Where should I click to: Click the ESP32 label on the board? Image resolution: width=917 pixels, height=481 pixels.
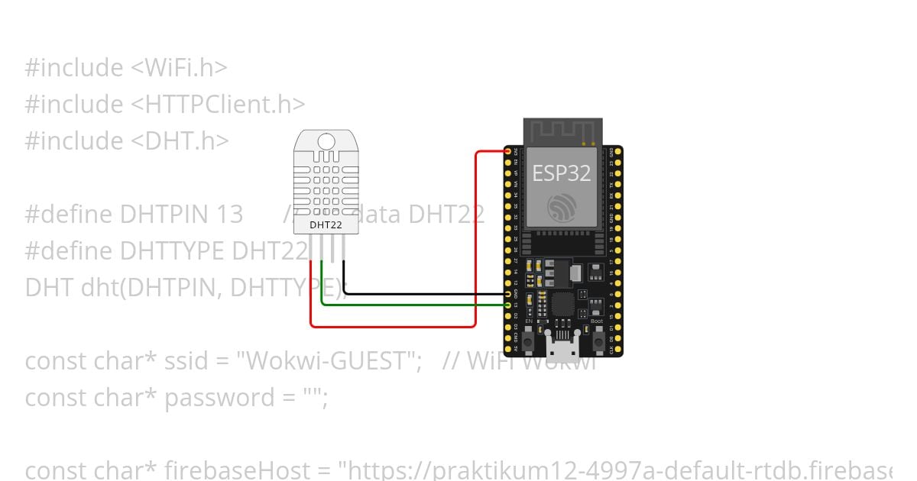[562, 173]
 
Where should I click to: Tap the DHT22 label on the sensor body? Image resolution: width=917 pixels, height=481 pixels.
[325, 225]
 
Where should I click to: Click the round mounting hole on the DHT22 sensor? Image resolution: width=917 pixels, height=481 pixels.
[326, 141]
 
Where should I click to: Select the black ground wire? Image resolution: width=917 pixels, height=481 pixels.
[420, 293]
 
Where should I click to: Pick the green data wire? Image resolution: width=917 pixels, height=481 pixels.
[413, 305]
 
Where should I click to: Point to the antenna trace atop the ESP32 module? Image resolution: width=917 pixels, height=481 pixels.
[562, 131]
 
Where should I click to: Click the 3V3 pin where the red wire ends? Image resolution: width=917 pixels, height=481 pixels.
[508, 152]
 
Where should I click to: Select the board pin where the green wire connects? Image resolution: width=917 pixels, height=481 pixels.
[508, 305]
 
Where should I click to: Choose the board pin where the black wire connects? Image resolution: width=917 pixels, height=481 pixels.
[508, 294]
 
